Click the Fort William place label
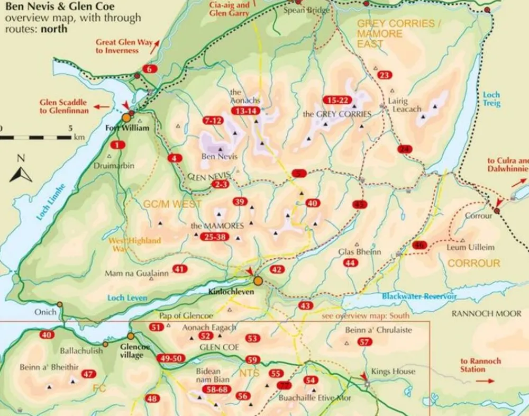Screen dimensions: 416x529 [127, 128]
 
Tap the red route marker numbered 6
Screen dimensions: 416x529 [150, 69]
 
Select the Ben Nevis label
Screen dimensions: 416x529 [220, 157]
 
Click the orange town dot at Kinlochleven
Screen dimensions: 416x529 [258, 281]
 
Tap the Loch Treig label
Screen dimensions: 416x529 [491, 100]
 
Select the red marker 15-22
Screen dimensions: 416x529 [337, 100]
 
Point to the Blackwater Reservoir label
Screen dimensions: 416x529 [419, 297]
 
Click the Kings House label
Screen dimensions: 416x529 [393, 372]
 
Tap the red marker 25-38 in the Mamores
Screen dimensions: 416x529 [214, 237]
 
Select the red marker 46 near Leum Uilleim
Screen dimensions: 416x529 [419, 245]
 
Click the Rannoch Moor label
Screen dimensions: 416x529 [486, 314]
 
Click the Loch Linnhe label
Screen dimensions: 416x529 [51, 202]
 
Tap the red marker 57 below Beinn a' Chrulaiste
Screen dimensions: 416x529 [364, 342]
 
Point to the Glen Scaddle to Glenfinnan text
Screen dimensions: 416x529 [65, 106]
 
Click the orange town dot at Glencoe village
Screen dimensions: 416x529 [131, 336]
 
